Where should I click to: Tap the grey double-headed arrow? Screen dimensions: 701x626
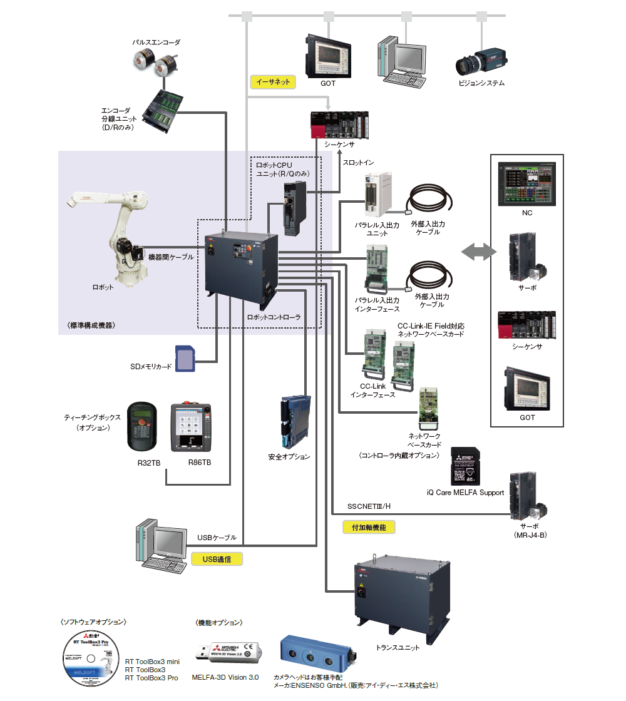477,252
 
